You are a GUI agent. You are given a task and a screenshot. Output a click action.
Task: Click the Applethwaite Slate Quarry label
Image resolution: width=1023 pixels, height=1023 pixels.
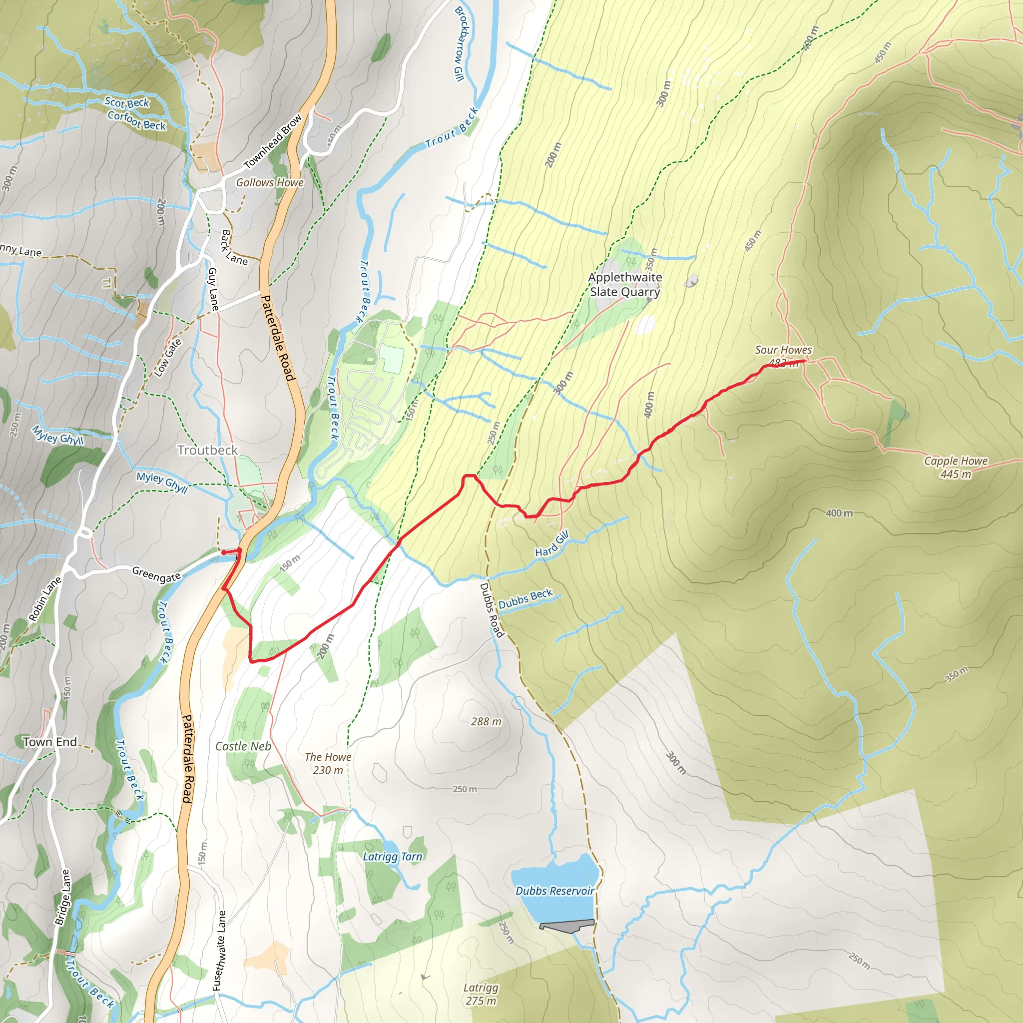pyautogui.click(x=625, y=285)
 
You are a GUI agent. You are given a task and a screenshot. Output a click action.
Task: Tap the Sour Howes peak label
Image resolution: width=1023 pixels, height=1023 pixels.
pyautogui.click(x=783, y=350)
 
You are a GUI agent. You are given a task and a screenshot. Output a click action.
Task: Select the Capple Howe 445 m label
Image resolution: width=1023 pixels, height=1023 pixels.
pyautogui.click(x=955, y=467)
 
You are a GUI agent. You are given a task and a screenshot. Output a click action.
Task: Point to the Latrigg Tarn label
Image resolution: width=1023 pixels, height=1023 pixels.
pyautogui.click(x=392, y=857)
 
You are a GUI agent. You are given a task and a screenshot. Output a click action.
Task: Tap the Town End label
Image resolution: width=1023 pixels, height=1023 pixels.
pyautogui.click(x=50, y=742)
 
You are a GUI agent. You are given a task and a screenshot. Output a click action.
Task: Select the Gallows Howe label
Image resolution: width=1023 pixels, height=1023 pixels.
pyautogui.click(x=270, y=183)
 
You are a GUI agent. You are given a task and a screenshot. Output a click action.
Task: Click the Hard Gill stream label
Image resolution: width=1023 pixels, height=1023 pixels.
pyautogui.click(x=552, y=544)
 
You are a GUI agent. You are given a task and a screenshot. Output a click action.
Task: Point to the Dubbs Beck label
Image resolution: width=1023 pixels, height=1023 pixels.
pyautogui.click(x=525, y=599)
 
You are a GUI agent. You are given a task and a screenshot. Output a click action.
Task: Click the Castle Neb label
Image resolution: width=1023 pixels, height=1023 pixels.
pyautogui.click(x=243, y=746)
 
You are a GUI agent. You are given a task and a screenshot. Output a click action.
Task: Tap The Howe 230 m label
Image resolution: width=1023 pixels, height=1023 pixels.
pyautogui.click(x=328, y=764)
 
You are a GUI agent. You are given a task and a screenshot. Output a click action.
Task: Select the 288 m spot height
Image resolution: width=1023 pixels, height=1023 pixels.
pyautogui.click(x=486, y=722)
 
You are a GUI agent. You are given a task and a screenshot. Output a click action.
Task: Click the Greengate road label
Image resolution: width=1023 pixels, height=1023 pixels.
pyautogui.click(x=156, y=574)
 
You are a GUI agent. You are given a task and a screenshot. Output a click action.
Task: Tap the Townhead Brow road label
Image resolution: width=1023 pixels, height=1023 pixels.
pyautogui.click(x=273, y=141)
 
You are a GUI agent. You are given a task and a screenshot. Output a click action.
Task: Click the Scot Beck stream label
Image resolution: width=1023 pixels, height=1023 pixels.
pyautogui.click(x=127, y=102)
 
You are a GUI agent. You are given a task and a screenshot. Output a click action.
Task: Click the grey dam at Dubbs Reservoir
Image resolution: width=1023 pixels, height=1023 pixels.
pyautogui.click(x=566, y=926)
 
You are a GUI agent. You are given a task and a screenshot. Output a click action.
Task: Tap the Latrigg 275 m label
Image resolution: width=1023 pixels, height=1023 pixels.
pyautogui.click(x=481, y=994)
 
